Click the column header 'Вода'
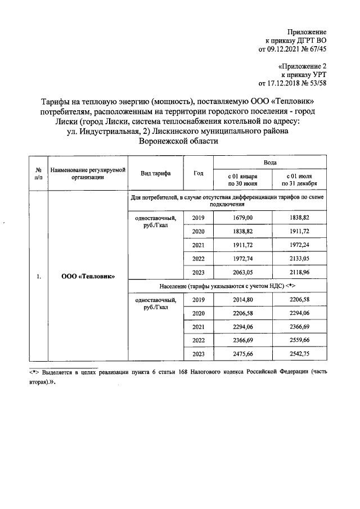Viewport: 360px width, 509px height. pos(270,162)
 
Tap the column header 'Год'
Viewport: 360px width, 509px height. pos(198,173)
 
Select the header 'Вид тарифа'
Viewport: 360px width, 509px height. pos(155,173)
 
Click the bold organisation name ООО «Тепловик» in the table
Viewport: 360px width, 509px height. pos(87,276)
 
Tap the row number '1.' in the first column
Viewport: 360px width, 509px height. pos(38,276)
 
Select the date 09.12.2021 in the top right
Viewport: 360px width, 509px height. pos(286,49)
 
